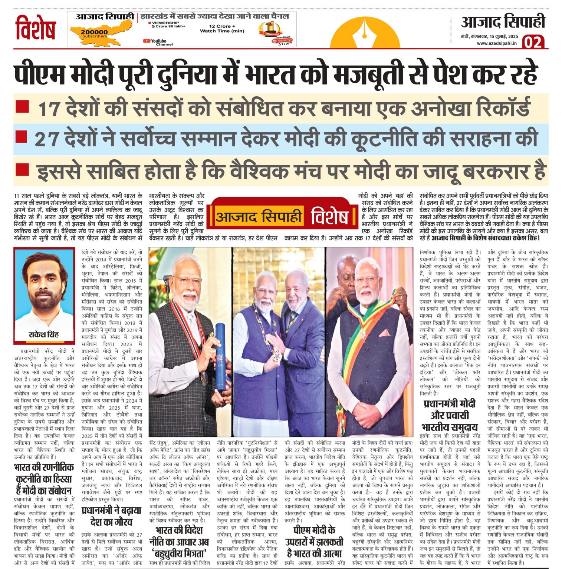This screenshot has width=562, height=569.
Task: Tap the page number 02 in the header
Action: pyautogui.click(x=533, y=42)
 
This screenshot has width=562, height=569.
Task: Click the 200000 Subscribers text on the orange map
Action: pyautogui.click(x=94, y=34)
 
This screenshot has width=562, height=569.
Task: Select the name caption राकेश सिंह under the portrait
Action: pyautogui.click(x=44, y=335)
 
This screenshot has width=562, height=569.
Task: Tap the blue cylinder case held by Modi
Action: pyautogui.click(x=221, y=357)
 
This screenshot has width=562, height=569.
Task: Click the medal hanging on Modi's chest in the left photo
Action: pyautogui.click(x=204, y=377)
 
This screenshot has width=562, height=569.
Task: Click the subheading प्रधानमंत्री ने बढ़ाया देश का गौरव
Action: pyautogui.click(x=111, y=516)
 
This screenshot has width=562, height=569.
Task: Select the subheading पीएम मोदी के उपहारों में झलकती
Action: pyautogui.click(x=314, y=541)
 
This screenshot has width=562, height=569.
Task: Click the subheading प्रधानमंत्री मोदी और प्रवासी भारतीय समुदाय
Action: pyautogui.click(x=450, y=415)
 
